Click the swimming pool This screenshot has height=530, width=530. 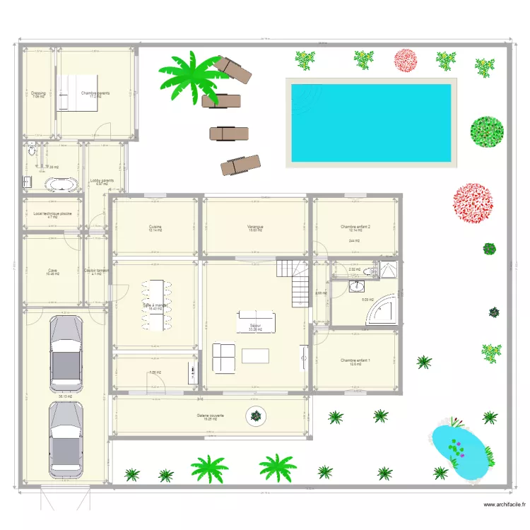[x=370, y=123]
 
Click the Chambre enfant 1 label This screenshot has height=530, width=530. [x=355, y=360]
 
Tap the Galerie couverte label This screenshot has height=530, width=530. [x=210, y=416]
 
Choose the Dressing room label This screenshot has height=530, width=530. [x=38, y=93]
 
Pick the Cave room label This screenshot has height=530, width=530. [x=52, y=270]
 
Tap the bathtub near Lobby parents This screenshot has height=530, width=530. [x=63, y=184]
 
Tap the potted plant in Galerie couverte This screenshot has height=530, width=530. [x=256, y=416]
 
